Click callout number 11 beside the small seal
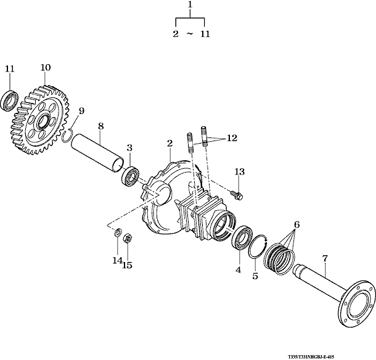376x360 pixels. click(x=9, y=68)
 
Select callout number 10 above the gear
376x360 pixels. click(x=46, y=67)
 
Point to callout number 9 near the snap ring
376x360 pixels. click(x=81, y=110)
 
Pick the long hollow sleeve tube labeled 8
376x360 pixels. click(x=99, y=157)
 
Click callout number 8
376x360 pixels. click(x=100, y=126)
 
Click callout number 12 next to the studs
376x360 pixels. click(x=231, y=139)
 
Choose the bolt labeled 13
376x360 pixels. click(x=238, y=195)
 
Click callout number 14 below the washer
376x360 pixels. click(x=117, y=261)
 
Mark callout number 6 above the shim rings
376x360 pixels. click(x=296, y=225)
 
